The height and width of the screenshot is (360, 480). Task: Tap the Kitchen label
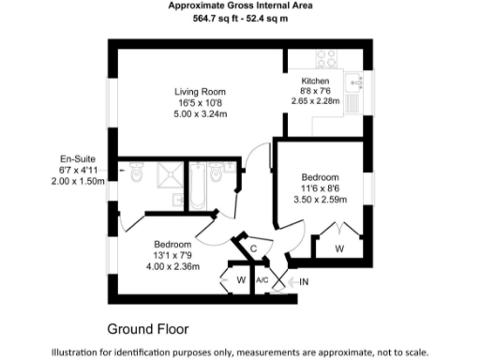click(x=315, y=81)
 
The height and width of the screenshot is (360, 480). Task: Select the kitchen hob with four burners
click(x=327, y=59)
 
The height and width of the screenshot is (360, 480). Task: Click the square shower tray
click(x=169, y=176)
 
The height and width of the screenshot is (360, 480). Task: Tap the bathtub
click(x=198, y=185)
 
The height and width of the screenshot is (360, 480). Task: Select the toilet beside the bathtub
click(x=217, y=174)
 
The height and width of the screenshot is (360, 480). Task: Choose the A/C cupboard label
click(x=263, y=279)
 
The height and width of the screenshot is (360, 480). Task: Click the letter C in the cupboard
click(x=253, y=247)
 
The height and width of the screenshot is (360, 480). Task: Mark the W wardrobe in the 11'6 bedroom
click(x=339, y=248)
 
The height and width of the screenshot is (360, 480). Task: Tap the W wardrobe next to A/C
click(x=241, y=279)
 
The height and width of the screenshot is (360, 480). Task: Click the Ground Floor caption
click(x=147, y=329)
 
